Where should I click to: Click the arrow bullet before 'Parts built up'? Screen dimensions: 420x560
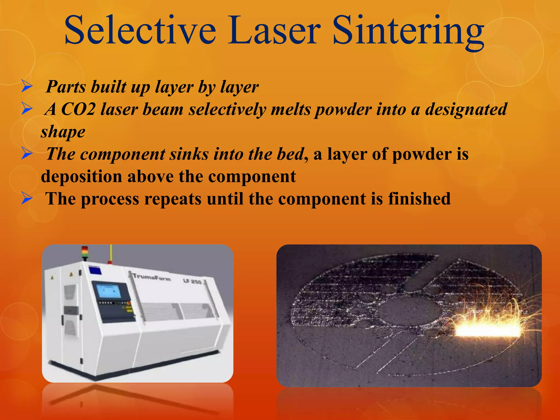[27, 87]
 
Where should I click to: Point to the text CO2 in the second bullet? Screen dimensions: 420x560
[78, 109]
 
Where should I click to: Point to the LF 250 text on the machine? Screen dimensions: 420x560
[192, 281]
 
